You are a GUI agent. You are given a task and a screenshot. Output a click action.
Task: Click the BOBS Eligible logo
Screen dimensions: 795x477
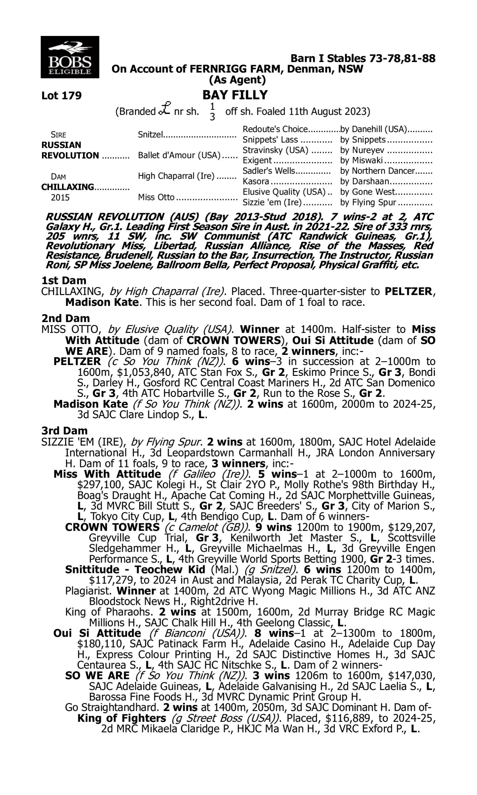(x=70, y=57)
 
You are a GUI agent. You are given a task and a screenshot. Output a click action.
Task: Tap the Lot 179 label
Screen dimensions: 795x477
(x=61, y=95)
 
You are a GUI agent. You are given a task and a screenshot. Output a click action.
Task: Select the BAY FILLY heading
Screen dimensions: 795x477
(x=235, y=95)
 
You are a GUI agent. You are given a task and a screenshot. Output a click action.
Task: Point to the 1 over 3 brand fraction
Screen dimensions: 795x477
(x=212, y=112)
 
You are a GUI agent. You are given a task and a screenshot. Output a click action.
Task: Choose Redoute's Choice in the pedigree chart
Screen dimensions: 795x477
(x=275, y=129)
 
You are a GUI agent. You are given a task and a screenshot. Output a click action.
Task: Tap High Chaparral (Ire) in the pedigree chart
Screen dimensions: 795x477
(x=176, y=176)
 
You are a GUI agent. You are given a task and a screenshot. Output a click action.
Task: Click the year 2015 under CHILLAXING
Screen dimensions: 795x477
(x=60, y=197)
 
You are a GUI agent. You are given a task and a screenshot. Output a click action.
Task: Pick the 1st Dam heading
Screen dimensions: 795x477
(x=64, y=280)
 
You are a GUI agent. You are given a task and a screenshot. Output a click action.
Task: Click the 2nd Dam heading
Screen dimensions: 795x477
(x=65, y=318)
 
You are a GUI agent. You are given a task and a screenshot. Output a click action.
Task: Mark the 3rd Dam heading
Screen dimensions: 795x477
(x=65, y=431)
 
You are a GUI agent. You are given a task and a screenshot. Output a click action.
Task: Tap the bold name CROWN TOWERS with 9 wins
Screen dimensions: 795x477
(x=112, y=527)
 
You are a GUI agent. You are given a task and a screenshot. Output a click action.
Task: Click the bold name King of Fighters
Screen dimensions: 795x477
(x=122, y=718)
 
